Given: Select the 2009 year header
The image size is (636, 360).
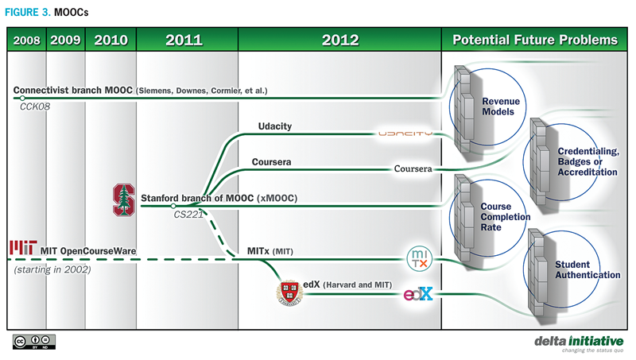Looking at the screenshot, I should (x=66, y=40).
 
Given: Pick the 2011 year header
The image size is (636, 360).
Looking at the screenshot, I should (x=186, y=40).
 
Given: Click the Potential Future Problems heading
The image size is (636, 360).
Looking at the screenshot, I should (x=534, y=40).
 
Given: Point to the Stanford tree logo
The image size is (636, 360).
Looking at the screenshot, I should (x=124, y=199).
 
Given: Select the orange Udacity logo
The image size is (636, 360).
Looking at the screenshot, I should (x=405, y=134).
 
